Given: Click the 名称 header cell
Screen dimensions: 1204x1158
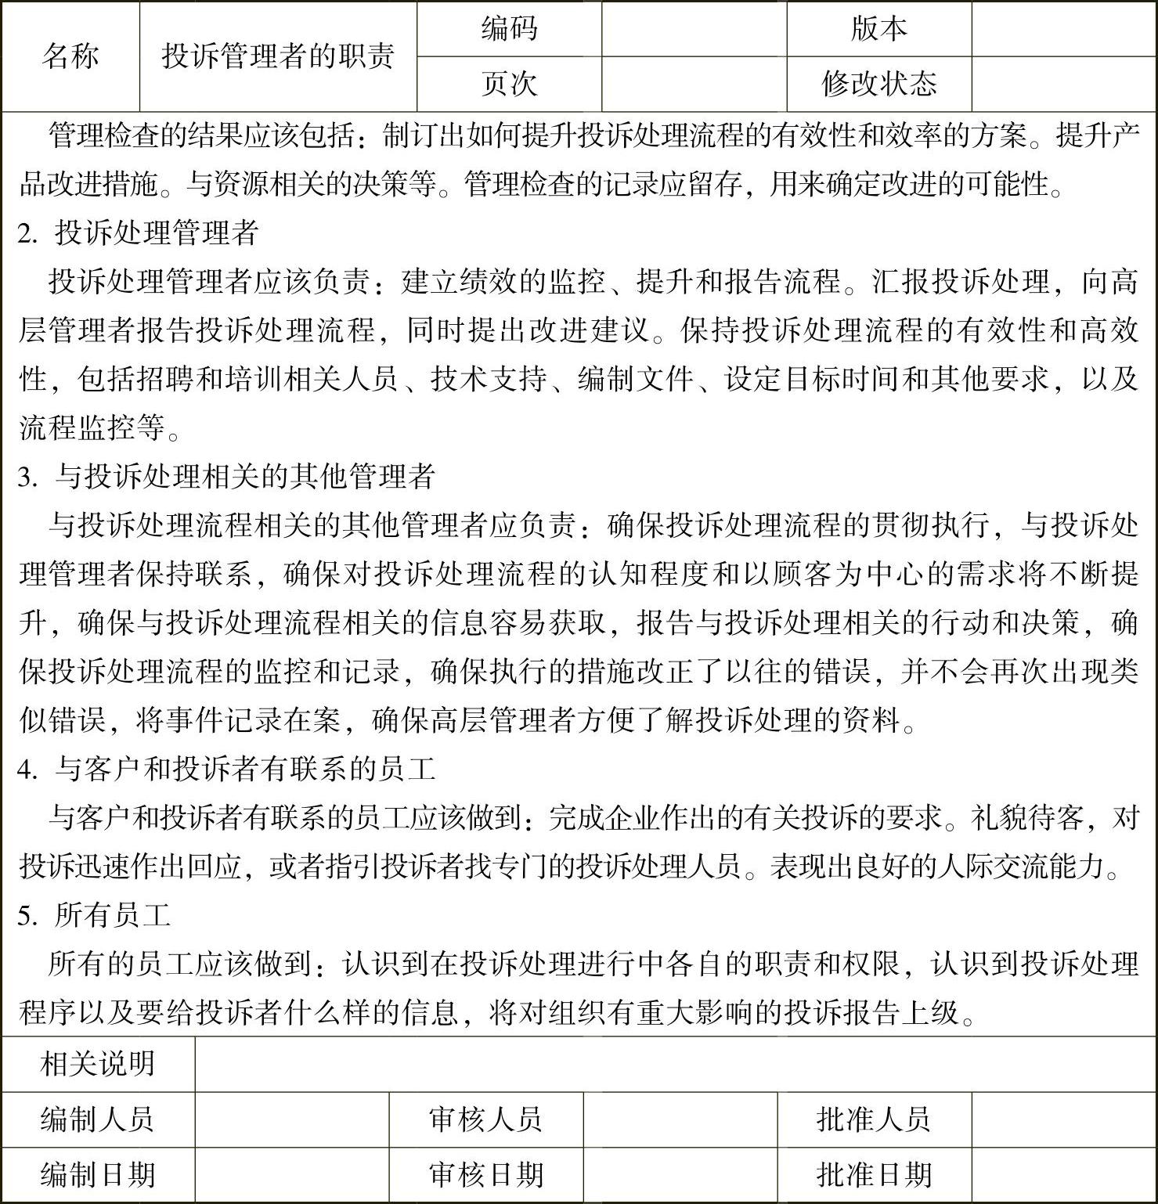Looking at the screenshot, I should [x=70, y=56].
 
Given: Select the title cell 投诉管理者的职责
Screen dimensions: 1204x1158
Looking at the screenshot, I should [x=278, y=56].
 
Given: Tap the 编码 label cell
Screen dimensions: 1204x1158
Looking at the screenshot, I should [x=509, y=29].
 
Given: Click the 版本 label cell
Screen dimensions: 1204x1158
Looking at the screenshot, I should [x=878, y=29].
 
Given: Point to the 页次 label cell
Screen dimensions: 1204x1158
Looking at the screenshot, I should [x=509, y=84].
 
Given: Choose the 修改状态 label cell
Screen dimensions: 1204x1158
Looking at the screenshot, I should [x=878, y=84].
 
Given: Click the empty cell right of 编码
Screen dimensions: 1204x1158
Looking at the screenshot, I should [x=694, y=29].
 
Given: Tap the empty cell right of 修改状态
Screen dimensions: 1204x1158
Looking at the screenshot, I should [x=1064, y=84].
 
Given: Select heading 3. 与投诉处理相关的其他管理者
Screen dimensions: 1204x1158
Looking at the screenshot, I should [x=227, y=476].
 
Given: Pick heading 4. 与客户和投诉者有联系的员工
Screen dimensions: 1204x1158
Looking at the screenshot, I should [x=227, y=769].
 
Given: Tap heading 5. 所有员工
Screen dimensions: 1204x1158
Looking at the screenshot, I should [x=95, y=915].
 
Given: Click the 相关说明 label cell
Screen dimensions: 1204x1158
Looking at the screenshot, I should [x=98, y=1064].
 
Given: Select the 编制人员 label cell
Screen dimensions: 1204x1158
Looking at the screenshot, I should [x=98, y=1119].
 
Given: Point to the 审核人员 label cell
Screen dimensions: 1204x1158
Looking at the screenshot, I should [x=486, y=1119].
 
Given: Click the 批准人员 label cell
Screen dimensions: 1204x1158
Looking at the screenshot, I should [x=874, y=1119].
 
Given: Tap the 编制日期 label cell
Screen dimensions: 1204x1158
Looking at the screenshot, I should [x=98, y=1175].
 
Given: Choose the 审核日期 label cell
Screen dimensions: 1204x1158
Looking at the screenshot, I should [x=486, y=1175].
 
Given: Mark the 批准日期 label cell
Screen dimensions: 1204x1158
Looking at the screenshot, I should [x=874, y=1175].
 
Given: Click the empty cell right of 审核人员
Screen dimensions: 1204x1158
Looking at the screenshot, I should [x=680, y=1119].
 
